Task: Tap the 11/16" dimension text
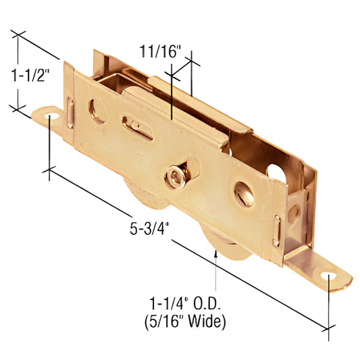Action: tap(160, 50)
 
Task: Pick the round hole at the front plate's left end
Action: tap(97, 110)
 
